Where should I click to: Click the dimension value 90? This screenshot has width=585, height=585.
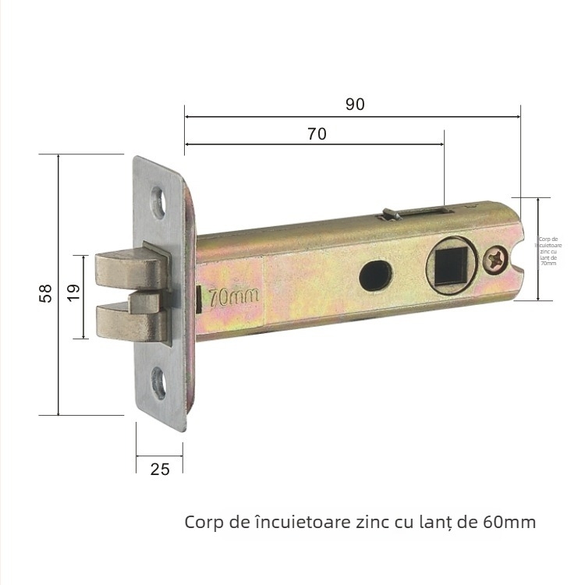(x=355, y=105)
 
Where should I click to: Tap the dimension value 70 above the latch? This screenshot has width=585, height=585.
(x=317, y=133)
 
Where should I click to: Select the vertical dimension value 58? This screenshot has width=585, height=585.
(x=46, y=293)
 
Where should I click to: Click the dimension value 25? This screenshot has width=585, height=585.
(x=159, y=469)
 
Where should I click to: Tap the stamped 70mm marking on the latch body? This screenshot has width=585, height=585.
(x=232, y=296)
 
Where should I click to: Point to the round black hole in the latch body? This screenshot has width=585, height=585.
(x=376, y=275)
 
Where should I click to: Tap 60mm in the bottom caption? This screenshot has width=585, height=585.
(x=510, y=521)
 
